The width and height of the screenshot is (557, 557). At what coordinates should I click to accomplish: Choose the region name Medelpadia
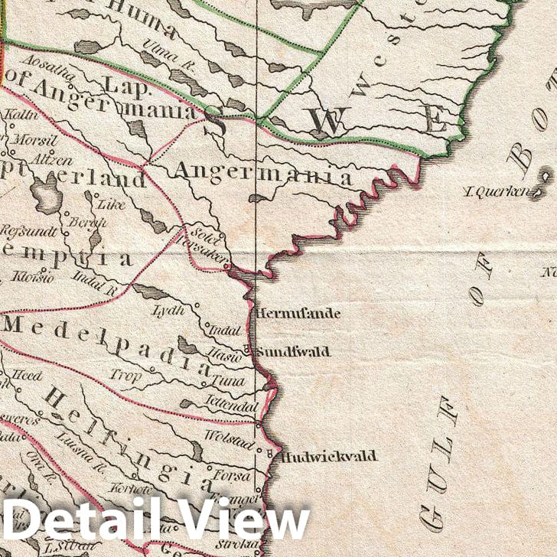(x=107, y=346)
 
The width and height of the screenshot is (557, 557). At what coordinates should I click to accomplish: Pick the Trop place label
(x=125, y=375)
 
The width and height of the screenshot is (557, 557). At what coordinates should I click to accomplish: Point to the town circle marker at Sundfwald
(x=247, y=353)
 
